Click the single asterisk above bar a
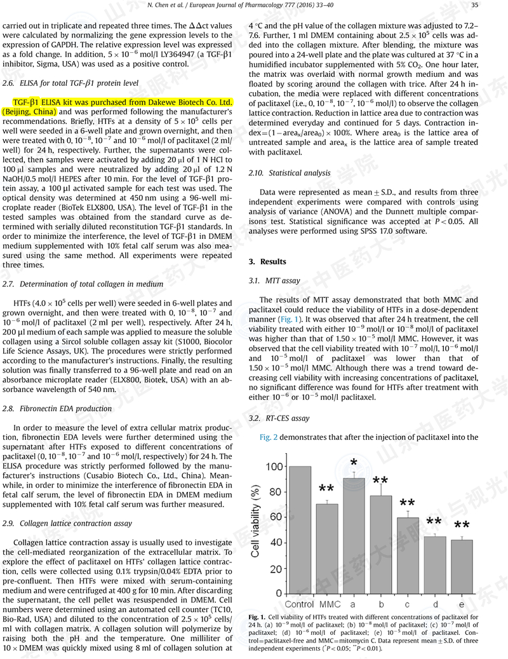(x=353, y=462)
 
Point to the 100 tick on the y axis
(x=273, y=467)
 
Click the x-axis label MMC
(x=326, y=603)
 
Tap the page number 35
(x=492, y=5)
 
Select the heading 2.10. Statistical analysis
(x=290, y=173)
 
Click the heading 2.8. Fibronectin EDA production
(x=57, y=409)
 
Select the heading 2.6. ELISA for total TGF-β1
(x=70, y=83)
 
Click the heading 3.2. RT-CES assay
(x=279, y=418)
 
